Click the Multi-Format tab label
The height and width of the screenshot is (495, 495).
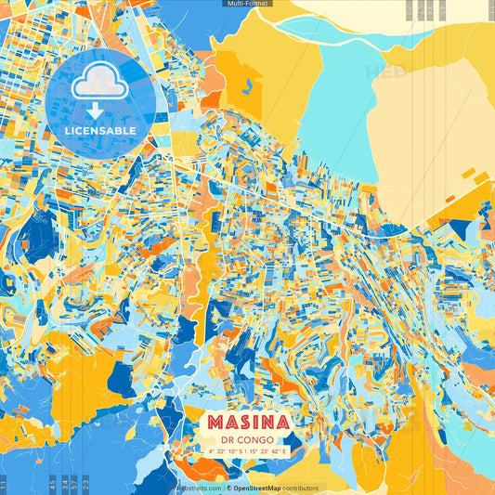pos(247,4)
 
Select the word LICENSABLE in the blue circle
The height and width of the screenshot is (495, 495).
pos(100,131)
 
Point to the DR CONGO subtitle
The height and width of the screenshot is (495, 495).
pos(247,441)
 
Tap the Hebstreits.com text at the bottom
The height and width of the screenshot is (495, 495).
pos(197,488)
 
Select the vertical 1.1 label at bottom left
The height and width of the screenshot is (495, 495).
pos(5,483)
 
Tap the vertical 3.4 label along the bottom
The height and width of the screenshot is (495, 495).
pos(62,483)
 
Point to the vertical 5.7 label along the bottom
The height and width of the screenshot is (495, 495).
pos(73,483)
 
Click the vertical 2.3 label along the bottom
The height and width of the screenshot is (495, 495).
pos(85,483)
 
